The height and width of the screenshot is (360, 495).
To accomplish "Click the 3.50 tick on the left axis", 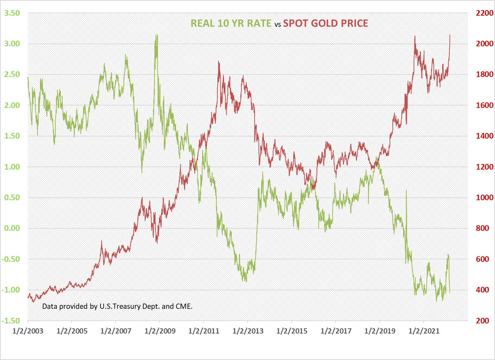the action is point(12,13).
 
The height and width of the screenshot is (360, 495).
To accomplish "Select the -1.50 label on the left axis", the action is point(11,321).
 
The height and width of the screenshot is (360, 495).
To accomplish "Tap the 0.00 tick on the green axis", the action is point(12,228).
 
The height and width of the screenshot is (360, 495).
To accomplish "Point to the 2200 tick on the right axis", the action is point(484,13).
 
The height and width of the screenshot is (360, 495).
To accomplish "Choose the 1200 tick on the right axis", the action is point(484,167).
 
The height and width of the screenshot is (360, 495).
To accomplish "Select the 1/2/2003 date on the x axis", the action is point(28,331).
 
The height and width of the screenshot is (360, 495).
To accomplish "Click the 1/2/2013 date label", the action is point(248,331).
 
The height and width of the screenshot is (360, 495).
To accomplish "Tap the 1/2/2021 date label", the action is point(424,331).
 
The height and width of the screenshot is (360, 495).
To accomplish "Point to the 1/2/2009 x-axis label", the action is point(160,331).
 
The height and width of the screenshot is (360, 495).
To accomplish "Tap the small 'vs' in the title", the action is point(278,25).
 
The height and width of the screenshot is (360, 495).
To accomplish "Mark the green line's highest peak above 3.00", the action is point(157,35).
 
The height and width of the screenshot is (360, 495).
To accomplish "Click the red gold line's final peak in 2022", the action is point(450,35).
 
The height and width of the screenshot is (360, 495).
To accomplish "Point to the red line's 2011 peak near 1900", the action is point(219,61).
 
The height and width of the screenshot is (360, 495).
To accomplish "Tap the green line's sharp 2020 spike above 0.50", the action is point(406,190).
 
